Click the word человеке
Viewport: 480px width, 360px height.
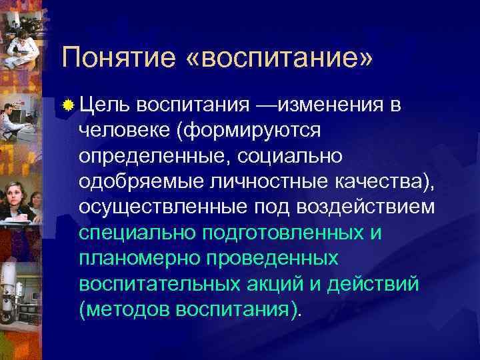(124, 130)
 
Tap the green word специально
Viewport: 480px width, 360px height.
(135, 233)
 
